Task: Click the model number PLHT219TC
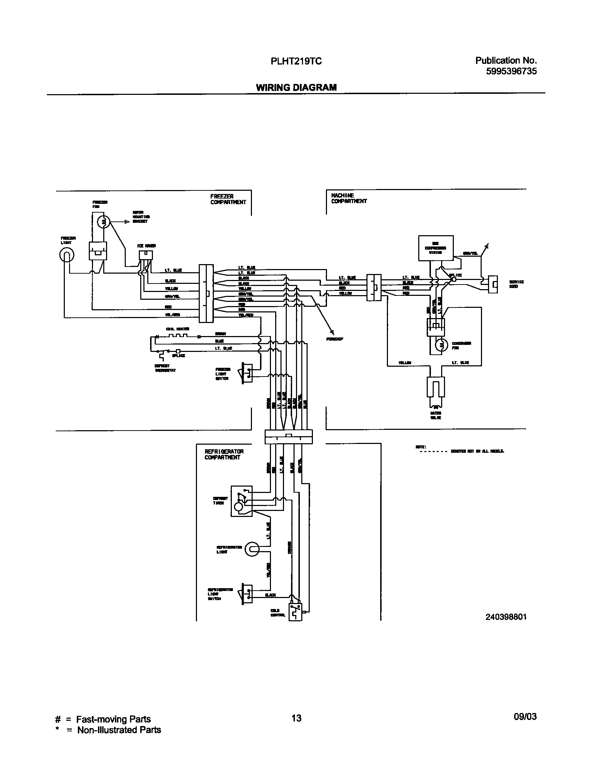tap(296, 61)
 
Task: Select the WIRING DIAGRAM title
tap(296, 87)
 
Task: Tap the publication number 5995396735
tap(511, 71)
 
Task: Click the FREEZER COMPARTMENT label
tap(228, 199)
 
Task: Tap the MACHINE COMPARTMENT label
tap(349, 198)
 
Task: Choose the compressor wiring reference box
tap(436, 248)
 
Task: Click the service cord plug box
tap(493, 284)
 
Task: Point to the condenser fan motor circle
tap(440, 346)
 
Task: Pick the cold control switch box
tap(295, 612)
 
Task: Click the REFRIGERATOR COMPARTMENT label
tap(224, 454)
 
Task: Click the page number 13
tap(297, 718)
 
